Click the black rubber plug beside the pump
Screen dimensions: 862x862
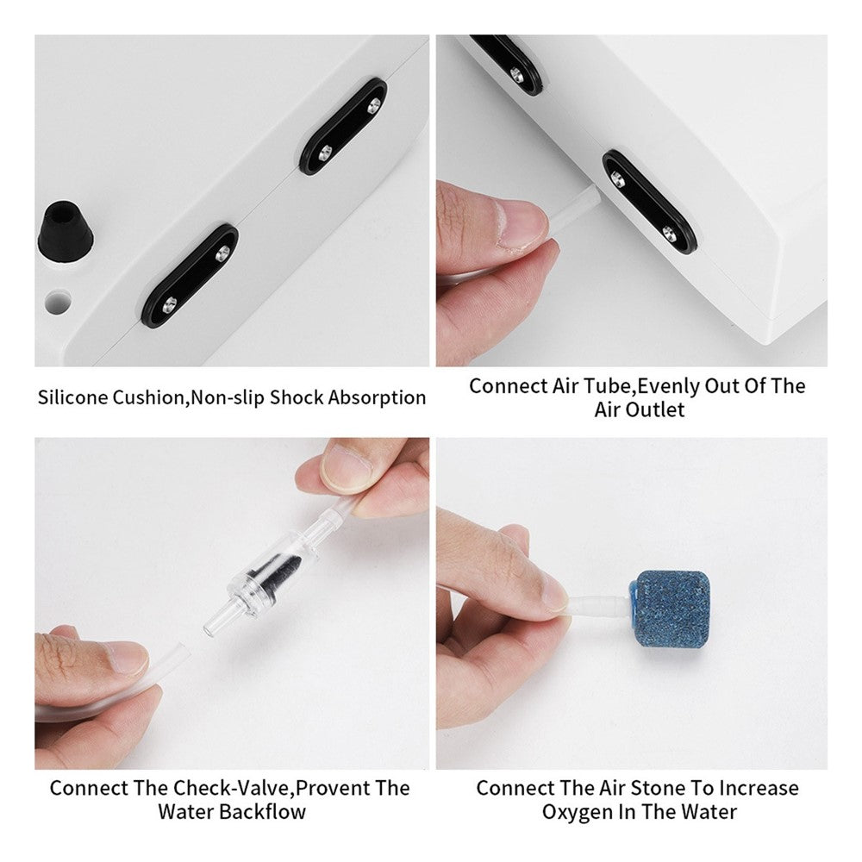point(65,234)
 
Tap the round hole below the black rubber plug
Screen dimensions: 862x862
point(59,302)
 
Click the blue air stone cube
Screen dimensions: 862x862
point(670,610)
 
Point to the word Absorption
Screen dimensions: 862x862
point(377,397)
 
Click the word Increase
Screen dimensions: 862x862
point(759,789)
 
